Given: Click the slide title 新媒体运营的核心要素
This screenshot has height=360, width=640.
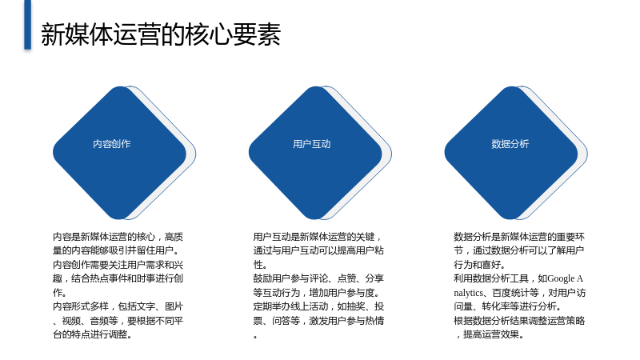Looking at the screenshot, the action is (161, 34).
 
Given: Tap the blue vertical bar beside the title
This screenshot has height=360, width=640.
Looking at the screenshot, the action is (27, 25).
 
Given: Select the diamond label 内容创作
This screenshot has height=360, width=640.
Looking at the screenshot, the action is (112, 144).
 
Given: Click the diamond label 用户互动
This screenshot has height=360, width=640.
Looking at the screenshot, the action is (312, 144).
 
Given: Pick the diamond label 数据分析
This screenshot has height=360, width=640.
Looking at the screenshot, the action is (510, 144).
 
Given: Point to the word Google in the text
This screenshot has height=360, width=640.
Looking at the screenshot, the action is (561, 278).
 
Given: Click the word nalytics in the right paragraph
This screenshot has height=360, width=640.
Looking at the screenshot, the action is (468, 293).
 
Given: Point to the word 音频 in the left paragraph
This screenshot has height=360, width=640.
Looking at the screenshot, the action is (99, 321).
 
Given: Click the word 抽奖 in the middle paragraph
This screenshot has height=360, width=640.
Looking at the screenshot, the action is (356, 306).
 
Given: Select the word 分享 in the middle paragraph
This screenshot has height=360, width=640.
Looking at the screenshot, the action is (374, 278).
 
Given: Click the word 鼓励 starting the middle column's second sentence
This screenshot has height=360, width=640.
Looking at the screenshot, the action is (262, 278).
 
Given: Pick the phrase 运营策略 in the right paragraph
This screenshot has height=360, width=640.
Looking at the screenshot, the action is (566, 321).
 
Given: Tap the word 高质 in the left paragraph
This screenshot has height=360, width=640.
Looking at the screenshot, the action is (174, 237).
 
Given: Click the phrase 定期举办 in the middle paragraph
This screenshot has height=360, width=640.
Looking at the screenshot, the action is (272, 306).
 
